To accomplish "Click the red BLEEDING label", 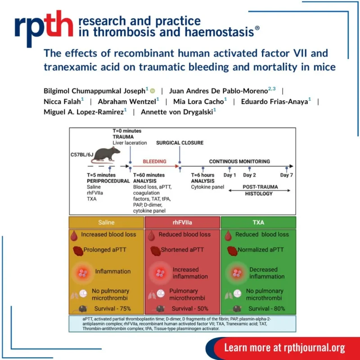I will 154,161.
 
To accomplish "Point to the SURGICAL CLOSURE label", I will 180,143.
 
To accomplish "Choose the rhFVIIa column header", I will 182,222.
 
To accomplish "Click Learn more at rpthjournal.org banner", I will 284,347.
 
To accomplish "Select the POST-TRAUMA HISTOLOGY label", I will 258,190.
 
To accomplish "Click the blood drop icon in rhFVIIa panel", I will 153,234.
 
